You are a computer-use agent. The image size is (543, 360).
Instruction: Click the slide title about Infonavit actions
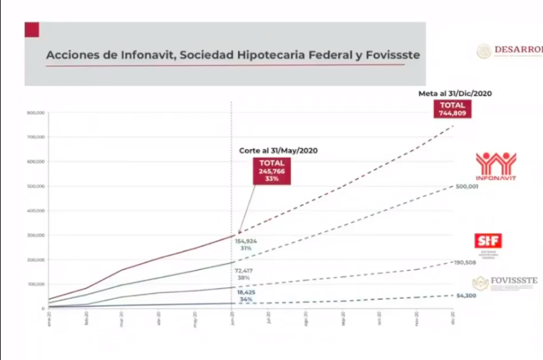(x=232, y=56)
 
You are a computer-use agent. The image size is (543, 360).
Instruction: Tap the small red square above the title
(x=32, y=30)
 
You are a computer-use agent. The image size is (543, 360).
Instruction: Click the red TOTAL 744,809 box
(x=452, y=109)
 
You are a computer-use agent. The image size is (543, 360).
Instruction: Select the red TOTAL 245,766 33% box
(x=272, y=171)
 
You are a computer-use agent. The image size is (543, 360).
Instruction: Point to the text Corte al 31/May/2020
(x=277, y=151)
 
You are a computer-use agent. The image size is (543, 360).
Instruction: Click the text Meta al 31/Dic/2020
(x=455, y=93)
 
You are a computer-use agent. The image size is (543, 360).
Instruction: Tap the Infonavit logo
(x=496, y=166)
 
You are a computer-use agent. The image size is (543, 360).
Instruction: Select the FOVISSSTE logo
(x=505, y=282)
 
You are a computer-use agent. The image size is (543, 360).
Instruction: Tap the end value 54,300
(x=465, y=296)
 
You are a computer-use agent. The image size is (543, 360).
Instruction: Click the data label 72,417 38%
(x=244, y=274)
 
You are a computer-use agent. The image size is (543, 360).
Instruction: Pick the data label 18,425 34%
(x=246, y=296)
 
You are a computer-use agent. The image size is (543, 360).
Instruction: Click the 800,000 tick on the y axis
(x=35, y=113)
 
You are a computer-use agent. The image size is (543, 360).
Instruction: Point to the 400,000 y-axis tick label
(x=35, y=211)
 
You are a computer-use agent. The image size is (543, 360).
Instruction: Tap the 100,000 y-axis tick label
(x=35, y=284)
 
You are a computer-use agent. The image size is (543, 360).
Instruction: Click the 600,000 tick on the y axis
(x=35, y=162)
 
